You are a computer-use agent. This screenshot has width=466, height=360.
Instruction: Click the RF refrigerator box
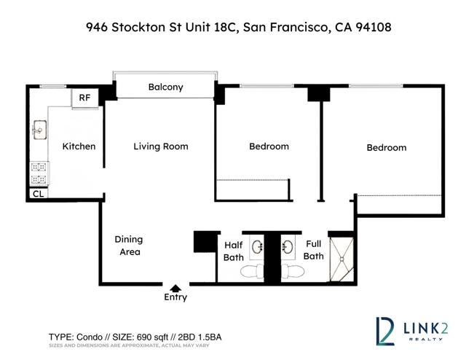[x=85, y=98]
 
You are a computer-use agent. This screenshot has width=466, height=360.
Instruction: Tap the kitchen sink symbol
[x=39, y=130]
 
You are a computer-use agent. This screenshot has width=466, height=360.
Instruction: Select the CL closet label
[x=39, y=194]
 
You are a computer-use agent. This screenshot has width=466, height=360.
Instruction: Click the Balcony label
[x=165, y=87]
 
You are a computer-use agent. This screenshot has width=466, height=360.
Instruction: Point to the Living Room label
[x=161, y=146]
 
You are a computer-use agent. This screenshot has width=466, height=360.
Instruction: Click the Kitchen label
[x=79, y=146]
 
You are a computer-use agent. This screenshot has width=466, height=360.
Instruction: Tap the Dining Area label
[x=129, y=246]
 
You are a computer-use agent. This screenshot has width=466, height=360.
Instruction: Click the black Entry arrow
[x=175, y=288]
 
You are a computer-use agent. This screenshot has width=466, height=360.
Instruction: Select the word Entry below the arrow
[x=175, y=297]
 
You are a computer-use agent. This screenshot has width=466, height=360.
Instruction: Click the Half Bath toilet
[x=252, y=271]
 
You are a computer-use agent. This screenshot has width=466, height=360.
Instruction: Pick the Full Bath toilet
[x=293, y=271]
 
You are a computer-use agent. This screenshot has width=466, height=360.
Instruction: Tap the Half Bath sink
[x=256, y=247]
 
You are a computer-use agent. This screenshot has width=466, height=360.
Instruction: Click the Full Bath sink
[x=288, y=247]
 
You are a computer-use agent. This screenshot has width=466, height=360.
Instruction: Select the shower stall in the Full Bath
[x=341, y=259]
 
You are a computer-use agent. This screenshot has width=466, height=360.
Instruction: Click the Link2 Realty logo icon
[x=385, y=331]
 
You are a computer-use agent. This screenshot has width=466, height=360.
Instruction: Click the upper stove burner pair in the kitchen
[x=39, y=167]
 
